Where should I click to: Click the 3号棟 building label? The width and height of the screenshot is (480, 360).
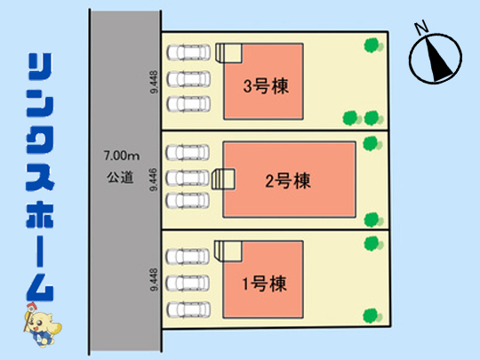pos(266,86)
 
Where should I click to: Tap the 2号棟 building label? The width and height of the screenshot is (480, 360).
pos(288,180)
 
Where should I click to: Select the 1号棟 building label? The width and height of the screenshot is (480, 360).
pos(265,284)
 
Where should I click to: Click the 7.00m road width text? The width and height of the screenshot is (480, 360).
pos(122,156)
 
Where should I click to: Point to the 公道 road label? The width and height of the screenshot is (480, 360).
pos(120,177)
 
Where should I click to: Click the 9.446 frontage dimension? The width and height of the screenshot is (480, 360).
pos(154,180)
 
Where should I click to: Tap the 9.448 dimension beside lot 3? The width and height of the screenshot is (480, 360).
pos(154,82)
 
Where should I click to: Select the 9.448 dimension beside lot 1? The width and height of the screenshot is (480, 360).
pos(154,279)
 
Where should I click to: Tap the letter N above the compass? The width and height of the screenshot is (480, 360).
pos(422,28)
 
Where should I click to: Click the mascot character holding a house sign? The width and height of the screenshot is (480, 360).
pos(41,324)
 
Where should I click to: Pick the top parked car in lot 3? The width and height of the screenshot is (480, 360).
pos(188,52)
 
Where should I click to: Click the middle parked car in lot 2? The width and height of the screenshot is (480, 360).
pos(188,178)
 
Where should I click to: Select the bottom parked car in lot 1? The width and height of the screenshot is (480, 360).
pos(188,309)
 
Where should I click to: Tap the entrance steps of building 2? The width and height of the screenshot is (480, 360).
pos(223,179)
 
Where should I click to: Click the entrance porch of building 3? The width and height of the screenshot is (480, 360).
pos(228,53)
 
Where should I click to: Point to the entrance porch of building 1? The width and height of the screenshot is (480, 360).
pos(228,252)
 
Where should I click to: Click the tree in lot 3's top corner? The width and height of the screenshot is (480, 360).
pos(372,45)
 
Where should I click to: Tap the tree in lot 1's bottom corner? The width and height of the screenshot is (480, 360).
pos(372,316)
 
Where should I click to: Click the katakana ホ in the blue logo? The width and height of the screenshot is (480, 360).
pos(40,215)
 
